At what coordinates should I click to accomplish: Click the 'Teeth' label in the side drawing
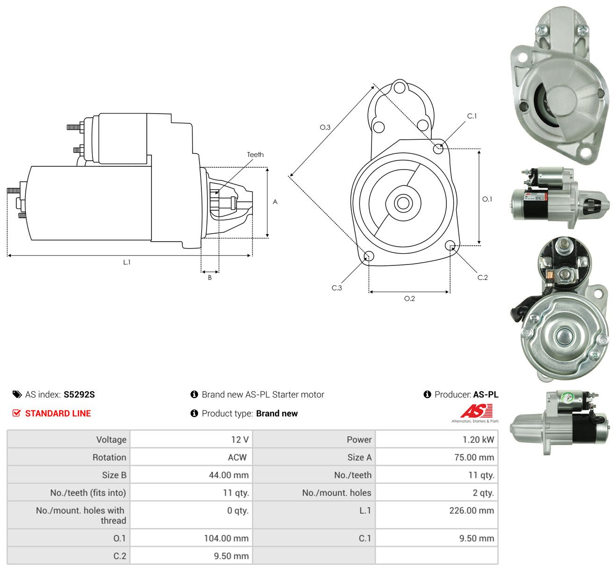pyautogui.click(x=255, y=154)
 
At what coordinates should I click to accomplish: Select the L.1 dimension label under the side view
pyautogui.click(x=127, y=262)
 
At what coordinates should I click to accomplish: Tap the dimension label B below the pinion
pyautogui.click(x=210, y=278)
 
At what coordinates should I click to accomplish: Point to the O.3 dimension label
pyautogui.click(x=325, y=127)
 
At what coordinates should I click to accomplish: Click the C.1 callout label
pyautogui.click(x=472, y=116)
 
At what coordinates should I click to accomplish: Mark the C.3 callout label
pyautogui.click(x=336, y=288)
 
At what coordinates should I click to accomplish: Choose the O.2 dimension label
pyautogui.click(x=409, y=298)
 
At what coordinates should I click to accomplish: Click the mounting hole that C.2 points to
pyautogui.click(x=450, y=246)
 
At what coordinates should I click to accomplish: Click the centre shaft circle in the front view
pyautogui.click(x=403, y=203)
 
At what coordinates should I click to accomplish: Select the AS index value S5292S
pyautogui.click(x=79, y=394)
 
